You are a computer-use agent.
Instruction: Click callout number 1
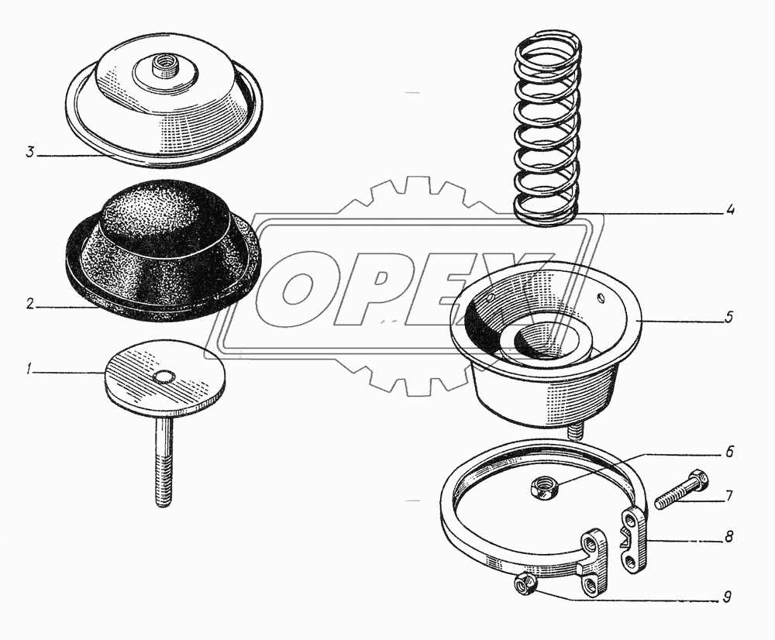(29, 368)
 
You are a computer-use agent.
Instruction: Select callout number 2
(31, 304)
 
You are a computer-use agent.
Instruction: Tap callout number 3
(31, 152)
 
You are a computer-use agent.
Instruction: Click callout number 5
(729, 317)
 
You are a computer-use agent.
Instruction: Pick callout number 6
(729, 452)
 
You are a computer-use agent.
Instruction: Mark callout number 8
(728, 536)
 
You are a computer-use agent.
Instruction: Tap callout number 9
(727, 597)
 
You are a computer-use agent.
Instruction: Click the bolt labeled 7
(681, 489)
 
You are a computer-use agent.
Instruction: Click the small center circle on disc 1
(163, 377)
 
